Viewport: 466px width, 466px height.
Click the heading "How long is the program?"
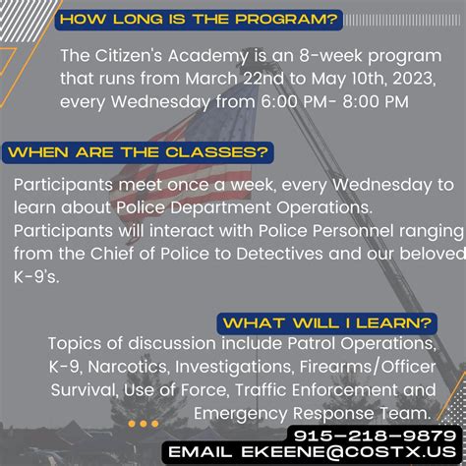[199, 20]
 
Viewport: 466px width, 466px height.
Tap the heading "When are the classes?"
[138, 152]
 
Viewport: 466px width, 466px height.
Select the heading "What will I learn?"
[327, 323]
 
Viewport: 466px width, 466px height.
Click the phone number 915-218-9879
[375, 436]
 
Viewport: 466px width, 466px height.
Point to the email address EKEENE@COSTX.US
[349, 452]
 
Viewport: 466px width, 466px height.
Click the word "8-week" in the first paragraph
[330, 56]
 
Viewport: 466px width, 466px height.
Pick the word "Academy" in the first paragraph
[207, 56]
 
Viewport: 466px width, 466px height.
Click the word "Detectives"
[279, 254]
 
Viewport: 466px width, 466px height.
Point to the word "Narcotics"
[129, 367]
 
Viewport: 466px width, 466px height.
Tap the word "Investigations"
[233, 367]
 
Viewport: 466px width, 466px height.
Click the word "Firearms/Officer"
[368, 367]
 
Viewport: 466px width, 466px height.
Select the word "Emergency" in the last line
[241, 414]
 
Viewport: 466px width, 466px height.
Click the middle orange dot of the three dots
[144, 424]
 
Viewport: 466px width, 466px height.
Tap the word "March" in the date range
[211, 79]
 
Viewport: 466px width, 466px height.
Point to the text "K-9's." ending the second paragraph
[36, 277]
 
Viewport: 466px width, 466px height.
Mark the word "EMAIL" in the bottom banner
[201, 452]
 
